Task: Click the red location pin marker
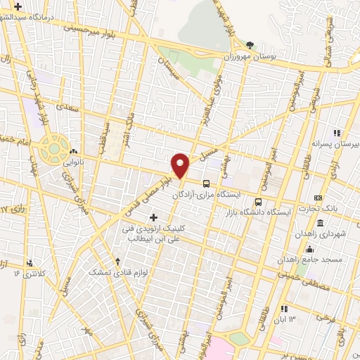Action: [181, 165]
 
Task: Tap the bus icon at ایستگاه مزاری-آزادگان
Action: [205, 184]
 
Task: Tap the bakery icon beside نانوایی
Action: [74, 150]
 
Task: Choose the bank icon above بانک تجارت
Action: [318, 198]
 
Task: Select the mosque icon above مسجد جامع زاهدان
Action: [309, 249]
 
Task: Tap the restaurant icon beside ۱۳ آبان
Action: [283, 308]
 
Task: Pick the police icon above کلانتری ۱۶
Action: [29, 263]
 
